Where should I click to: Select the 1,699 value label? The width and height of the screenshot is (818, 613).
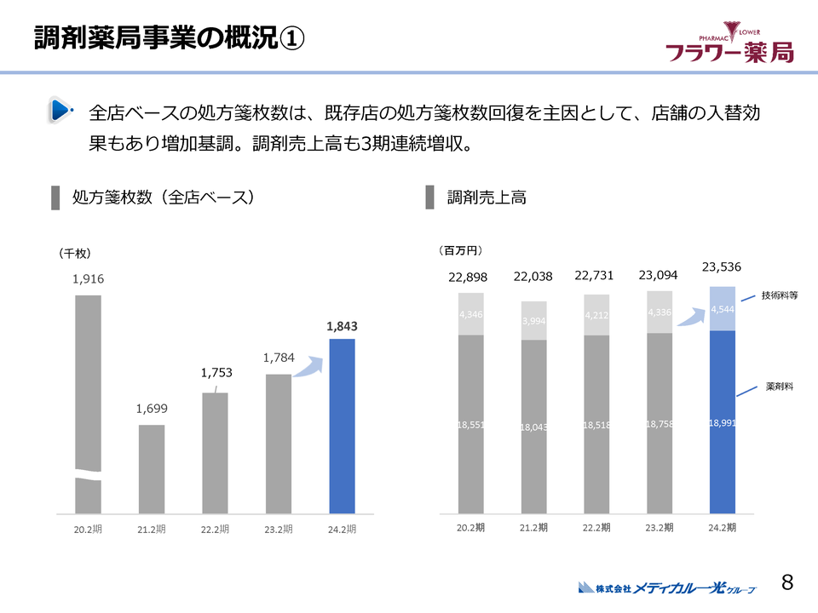coord(152,409)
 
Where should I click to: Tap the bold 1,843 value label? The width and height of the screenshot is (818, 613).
coord(342,325)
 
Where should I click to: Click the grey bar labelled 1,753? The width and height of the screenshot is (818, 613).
coord(215,453)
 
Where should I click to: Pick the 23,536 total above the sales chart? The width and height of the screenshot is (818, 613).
coord(722,266)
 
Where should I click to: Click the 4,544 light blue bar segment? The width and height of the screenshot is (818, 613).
coord(722,308)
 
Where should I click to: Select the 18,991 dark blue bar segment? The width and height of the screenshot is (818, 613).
coord(722,421)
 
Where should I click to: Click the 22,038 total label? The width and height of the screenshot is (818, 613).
coord(533,276)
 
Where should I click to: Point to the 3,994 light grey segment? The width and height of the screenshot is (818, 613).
coord(533,320)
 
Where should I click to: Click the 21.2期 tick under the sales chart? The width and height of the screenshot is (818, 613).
coord(533,528)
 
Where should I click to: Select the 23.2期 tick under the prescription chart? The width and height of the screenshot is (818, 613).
coord(278,529)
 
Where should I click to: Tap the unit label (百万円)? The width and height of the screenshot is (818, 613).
coord(460,250)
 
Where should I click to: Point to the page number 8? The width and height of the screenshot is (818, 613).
coord(787,582)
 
